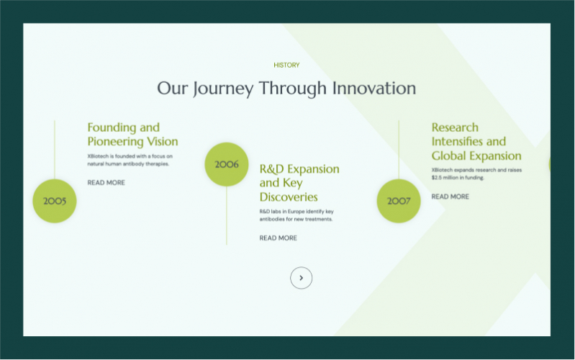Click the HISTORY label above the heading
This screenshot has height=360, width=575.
286,66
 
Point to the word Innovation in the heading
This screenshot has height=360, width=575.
373,89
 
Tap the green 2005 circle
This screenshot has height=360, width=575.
55,201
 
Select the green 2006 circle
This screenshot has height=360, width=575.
227,164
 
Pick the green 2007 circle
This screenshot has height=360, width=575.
399,201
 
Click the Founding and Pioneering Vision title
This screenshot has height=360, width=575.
132,135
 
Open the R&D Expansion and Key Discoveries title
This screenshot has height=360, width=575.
299,183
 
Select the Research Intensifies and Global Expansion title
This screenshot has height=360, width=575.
476,142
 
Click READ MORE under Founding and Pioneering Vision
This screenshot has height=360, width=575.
107,183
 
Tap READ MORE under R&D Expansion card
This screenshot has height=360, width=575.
279,238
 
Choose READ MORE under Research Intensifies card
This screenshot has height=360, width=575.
451,197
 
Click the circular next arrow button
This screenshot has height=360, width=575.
301,278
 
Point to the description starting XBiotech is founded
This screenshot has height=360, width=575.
130,160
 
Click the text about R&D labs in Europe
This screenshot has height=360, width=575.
296,215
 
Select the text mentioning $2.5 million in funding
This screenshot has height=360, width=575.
476,174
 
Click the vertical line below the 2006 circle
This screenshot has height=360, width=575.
227,216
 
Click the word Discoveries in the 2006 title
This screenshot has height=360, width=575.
289,197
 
